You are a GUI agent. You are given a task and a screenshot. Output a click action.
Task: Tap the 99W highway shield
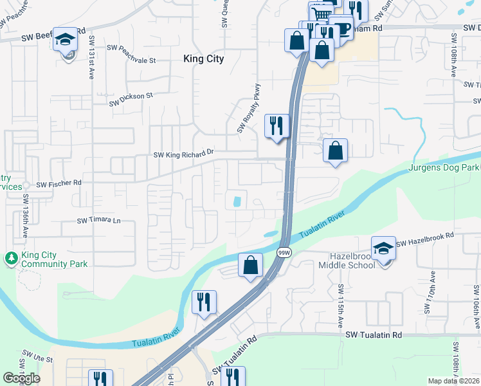283,253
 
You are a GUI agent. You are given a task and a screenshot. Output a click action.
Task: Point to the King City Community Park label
54,259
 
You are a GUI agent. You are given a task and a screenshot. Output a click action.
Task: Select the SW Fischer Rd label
59,183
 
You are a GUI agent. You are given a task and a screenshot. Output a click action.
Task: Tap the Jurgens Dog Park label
444,168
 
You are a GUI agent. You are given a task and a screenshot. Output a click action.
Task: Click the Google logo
21,378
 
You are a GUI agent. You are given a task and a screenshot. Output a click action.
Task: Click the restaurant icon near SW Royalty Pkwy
277,125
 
